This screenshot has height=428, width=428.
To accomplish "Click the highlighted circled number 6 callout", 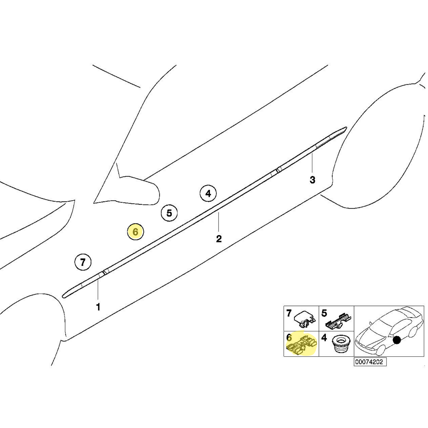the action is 135,232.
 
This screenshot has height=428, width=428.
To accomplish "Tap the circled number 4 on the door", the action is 208,194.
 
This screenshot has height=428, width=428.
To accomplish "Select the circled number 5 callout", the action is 169,213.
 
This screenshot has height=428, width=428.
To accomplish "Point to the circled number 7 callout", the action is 83,262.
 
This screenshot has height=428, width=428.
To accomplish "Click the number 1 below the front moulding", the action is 98,307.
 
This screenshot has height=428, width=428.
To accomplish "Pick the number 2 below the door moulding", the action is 219,239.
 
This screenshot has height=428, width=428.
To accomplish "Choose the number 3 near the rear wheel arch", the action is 312,180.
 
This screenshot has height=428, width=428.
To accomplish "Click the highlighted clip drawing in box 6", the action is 302,346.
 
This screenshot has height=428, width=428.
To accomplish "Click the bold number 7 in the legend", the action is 289,313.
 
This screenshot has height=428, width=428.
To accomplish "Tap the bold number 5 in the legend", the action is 324,313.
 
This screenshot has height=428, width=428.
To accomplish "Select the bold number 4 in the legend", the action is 324,338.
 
